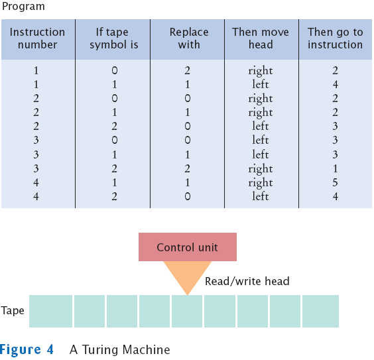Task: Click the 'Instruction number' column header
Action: (x=37, y=38)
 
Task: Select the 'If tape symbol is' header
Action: (x=114, y=38)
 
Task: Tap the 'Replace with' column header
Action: (x=189, y=38)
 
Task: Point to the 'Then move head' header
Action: (x=261, y=38)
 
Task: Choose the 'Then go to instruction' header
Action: (x=335, y=38)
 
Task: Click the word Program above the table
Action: (x=23, y=7)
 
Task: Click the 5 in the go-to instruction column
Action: (x=335, y=182)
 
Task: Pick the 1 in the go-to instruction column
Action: (x=335, y=169)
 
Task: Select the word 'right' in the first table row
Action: (x=261, y=71)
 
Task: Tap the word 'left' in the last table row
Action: (x=261, y=196)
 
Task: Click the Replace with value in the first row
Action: (x=187, y=70)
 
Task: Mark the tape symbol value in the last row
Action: (x=114, y=196)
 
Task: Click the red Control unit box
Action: (x=188, y=247)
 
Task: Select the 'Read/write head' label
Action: (x=247, y=281)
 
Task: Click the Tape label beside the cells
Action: (x=13, y=311)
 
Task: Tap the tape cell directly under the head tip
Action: (x=187, y=311)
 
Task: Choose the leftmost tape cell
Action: (x=50, y=311)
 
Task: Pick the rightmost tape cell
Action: (x=320, y=311)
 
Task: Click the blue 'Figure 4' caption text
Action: (x=27, y=350)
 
